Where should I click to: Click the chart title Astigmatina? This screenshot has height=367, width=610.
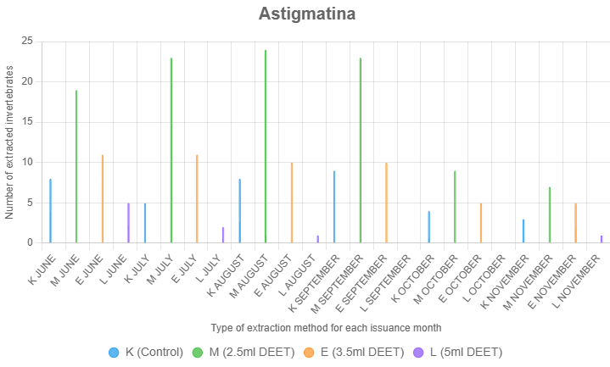click(x=306, y=14)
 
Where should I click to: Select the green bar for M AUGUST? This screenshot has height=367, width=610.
click(x=266, y=147)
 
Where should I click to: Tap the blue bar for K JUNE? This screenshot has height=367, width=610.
click(x=51, y=211)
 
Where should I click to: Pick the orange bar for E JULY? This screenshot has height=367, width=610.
click(x=197, y=199)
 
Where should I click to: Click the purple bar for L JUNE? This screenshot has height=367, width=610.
click(x=129, y=223)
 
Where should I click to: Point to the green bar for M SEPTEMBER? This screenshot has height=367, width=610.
click(x=361, y=151)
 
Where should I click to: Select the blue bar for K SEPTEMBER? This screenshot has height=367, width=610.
click(x=334, y=207)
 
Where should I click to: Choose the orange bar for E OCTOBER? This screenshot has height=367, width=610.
click(x=481, y=223)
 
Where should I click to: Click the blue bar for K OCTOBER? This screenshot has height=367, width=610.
click(x=429, y=227)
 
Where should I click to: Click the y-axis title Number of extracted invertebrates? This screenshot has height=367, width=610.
click(x=9, y=142)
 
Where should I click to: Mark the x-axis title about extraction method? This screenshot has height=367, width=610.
click(x=325, y=327)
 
